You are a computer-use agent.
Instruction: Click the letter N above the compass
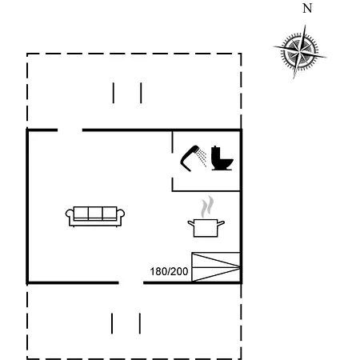307,8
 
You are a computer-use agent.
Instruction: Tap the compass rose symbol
300,51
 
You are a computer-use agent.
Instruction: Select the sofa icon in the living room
95,217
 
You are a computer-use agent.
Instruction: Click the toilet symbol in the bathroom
222,158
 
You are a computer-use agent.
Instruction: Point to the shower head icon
189,158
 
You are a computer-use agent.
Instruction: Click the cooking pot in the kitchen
206,227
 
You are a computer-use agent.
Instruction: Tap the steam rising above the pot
207,206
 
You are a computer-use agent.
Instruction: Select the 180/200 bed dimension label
169,271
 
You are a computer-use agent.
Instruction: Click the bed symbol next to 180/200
216,266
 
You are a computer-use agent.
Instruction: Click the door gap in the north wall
70,130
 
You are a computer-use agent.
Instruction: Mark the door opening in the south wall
131,282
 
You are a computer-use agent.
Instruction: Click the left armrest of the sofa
70,216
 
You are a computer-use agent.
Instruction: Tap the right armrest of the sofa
121,216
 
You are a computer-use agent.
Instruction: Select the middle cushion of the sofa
95,213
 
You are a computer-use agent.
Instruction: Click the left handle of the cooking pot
190,223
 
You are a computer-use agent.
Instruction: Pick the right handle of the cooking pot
221,223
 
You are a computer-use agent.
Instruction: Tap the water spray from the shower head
202,158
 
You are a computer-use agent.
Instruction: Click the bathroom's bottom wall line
206,191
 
